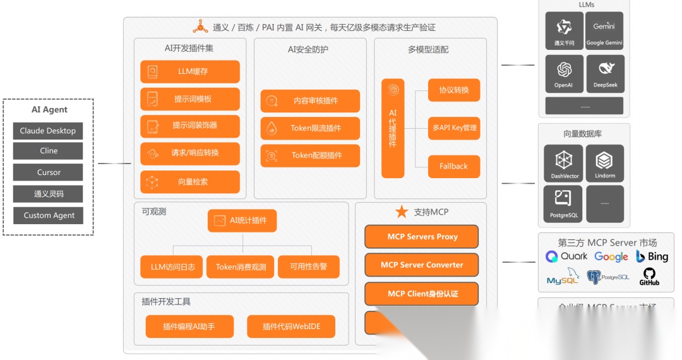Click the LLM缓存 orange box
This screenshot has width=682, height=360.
click(190, 71)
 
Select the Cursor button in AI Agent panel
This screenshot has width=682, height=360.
click(48, 172)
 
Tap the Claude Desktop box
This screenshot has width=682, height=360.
click(48, 131)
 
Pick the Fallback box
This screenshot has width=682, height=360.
click(453, 166)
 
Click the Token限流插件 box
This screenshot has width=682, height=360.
click(310, 128)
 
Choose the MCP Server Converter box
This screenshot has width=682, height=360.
click(421, 265)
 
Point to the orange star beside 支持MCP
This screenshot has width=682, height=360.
click(402, 212)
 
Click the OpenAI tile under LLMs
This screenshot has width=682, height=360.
click(564, 74)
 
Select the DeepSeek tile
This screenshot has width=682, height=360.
click(605, 74)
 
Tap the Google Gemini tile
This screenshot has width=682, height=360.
click(604, 30)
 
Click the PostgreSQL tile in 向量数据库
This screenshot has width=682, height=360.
click(564, 203)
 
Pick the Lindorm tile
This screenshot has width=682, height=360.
click(605, 163)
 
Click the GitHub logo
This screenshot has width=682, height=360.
click(649, 276)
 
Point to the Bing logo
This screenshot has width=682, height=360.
click(652, 256)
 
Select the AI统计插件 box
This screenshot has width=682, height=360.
click(242, 220)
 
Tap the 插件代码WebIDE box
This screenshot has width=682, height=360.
click(290, 327)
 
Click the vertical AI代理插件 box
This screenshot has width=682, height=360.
click(393, 128)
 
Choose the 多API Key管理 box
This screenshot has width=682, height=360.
click(454, 128)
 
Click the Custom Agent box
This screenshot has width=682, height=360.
click(49, 215)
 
